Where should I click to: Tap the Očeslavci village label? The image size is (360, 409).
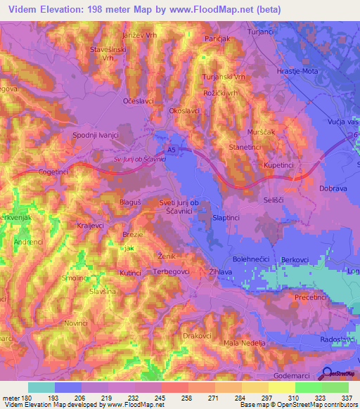coord(138,101)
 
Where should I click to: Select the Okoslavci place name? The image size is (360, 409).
coord(186,110)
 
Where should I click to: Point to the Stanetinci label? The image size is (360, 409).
coord(246,147)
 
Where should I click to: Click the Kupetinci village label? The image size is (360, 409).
coord(282,164)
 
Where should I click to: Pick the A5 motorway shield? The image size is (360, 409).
coord(172,149)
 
